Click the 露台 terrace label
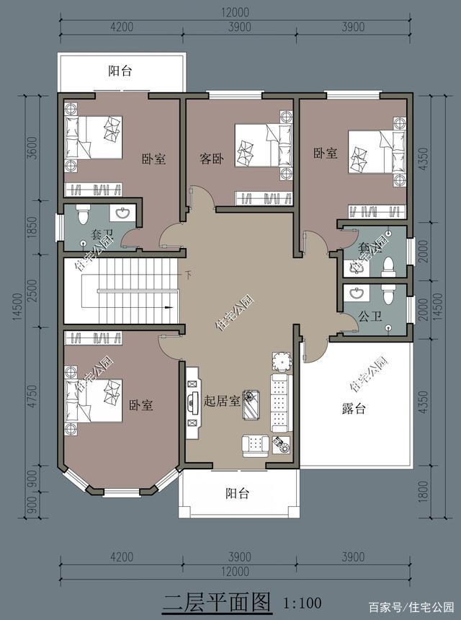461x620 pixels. [x=353, y=409]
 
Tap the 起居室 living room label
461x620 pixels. [x=222, y=401]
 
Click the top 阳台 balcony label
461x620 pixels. [x=120, y=71]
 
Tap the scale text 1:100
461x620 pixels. [x=302, y=602]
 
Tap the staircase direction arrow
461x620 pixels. [x=170, y=308]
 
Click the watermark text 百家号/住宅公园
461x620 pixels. [x=411, y=606]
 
